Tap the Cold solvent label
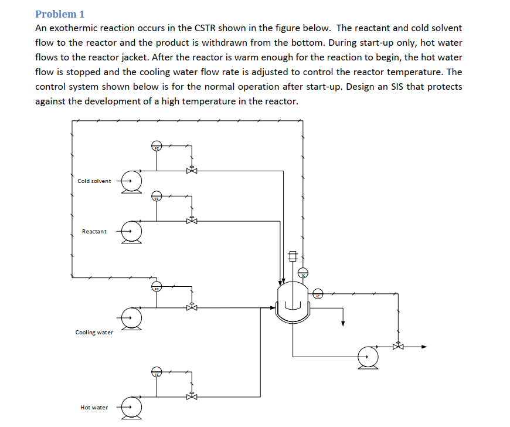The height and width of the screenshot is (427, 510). click(94, 181)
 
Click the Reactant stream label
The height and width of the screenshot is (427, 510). click(94, 231)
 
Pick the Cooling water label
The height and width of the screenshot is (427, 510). click(94, 333)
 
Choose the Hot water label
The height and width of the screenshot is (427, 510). click(94, 407)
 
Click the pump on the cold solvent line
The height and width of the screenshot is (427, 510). click(132, 181)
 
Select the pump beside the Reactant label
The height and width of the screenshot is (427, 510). click(132, 231)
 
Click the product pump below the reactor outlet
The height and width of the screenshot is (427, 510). click(368, 355)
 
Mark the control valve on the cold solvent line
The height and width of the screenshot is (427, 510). click(191, 171)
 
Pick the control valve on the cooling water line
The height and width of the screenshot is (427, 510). click(191, 307)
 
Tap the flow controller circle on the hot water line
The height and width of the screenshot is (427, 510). click(157, 371)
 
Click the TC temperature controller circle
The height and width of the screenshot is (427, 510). click(304, 272)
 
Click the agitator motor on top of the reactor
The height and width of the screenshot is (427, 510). click(293, 256)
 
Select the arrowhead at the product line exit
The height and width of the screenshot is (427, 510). click(424, 346)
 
